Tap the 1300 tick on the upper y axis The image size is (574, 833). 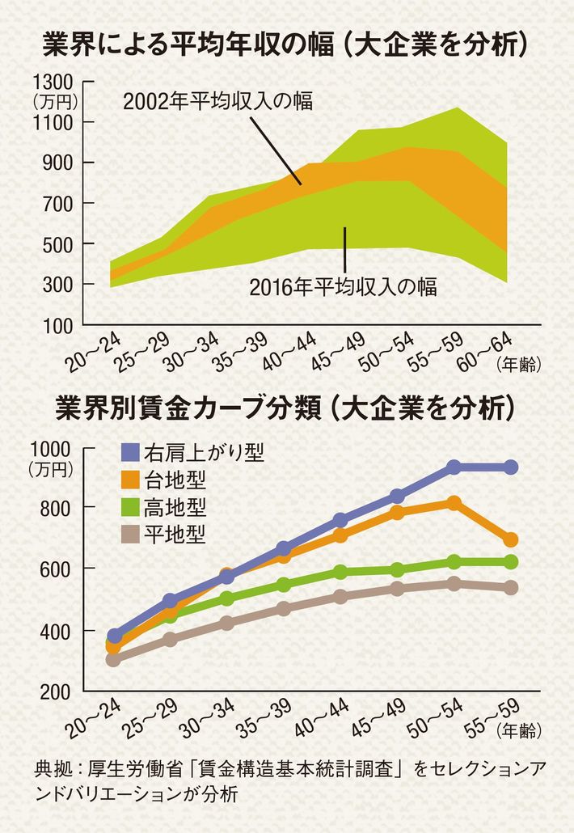(56, 82)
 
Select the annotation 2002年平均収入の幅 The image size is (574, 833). (217, 102)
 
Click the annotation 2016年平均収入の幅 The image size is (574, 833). (344, 287)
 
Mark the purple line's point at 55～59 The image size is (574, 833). (511, 467)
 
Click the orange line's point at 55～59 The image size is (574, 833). (511, 539)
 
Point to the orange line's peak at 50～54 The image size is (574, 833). (454, 503)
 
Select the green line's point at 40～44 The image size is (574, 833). (340, 572)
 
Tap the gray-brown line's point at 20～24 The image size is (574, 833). (113, 659)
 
